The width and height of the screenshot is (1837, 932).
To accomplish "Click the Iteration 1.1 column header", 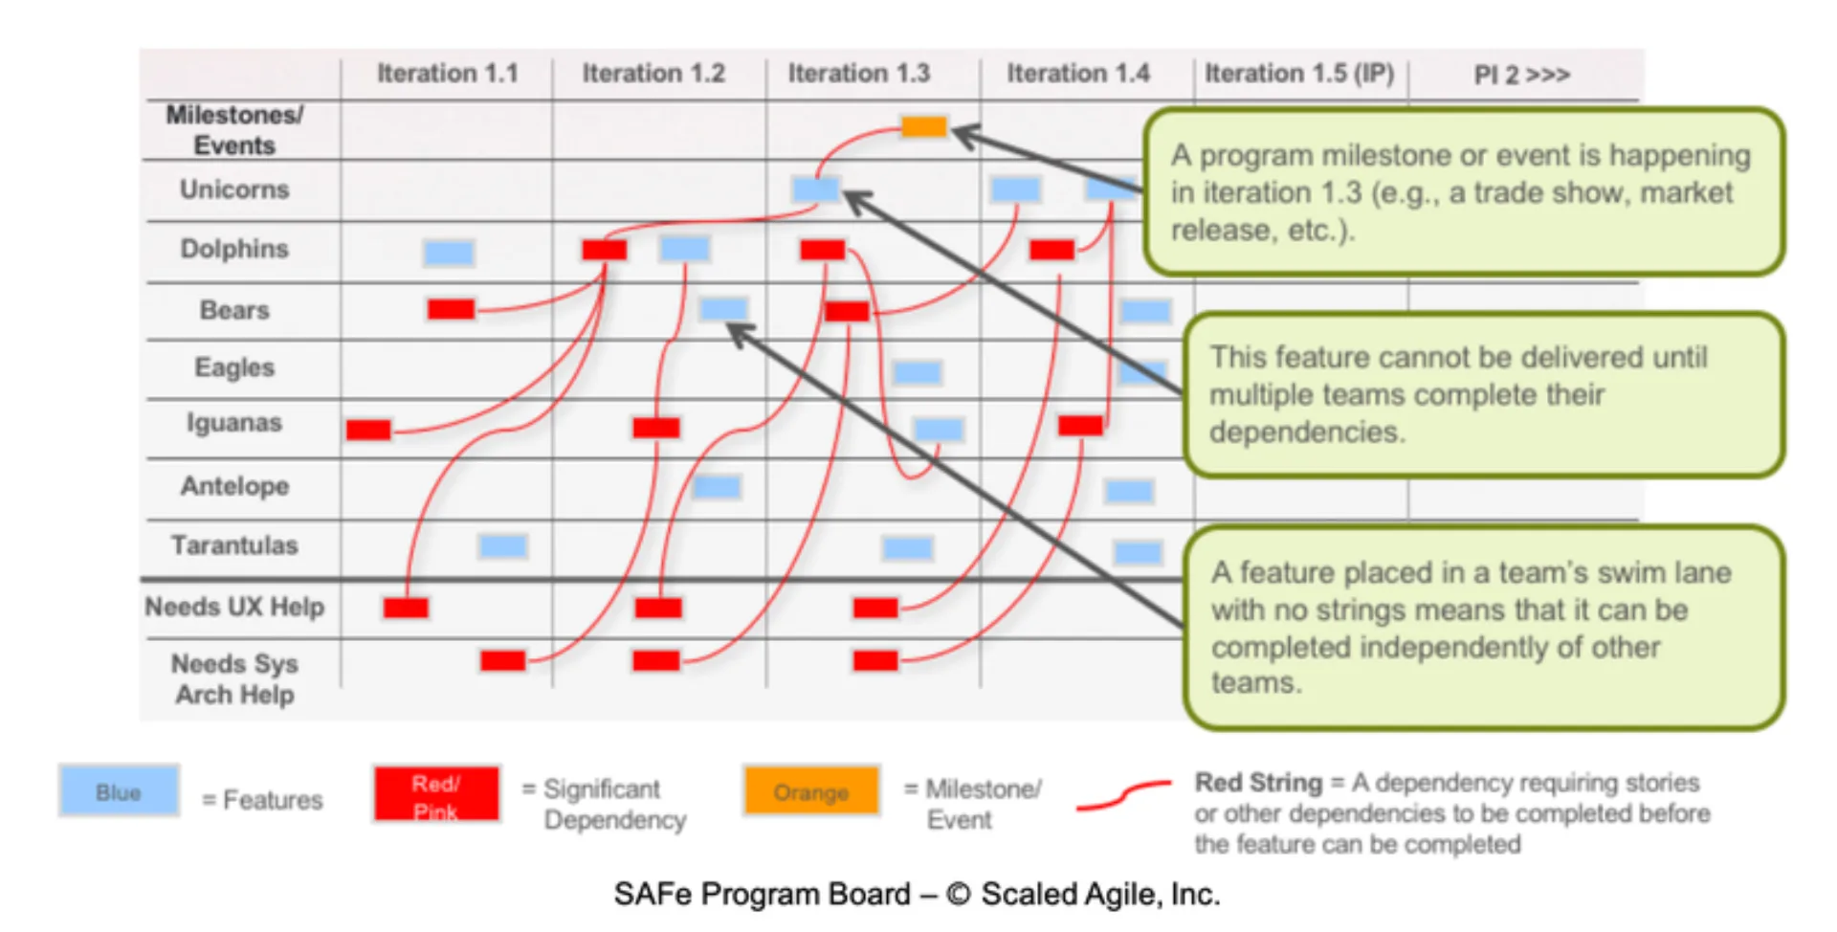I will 447,74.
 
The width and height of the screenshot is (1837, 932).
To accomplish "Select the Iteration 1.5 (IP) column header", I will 1298,74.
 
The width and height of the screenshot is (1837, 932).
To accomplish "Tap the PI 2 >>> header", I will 1521,75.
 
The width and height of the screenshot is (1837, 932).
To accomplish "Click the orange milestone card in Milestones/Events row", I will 923,126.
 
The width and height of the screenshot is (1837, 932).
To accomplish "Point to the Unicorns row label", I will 234,189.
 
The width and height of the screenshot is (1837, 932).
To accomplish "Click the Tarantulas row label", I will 234,545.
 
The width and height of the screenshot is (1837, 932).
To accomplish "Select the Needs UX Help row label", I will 234,607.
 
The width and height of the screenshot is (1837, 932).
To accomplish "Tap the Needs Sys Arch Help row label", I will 234,678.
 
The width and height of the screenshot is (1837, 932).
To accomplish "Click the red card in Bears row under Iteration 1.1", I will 451,309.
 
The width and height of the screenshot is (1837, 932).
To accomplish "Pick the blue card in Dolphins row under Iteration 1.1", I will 448,253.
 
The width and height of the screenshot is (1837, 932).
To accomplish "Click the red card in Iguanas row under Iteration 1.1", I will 368,430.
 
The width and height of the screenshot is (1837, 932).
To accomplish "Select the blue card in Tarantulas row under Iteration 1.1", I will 502,546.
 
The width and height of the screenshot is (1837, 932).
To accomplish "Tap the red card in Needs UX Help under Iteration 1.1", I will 406,608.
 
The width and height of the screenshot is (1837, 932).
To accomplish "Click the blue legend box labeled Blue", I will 119,791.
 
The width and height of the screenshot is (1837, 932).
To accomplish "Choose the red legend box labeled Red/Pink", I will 436,794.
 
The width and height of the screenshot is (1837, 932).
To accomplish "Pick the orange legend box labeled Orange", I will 811,791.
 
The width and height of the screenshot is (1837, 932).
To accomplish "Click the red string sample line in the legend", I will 1123,795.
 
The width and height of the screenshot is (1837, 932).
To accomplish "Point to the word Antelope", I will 234,486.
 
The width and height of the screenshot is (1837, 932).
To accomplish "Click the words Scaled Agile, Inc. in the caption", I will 1100,894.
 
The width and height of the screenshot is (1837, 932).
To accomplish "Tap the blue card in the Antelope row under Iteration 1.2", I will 717,487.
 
